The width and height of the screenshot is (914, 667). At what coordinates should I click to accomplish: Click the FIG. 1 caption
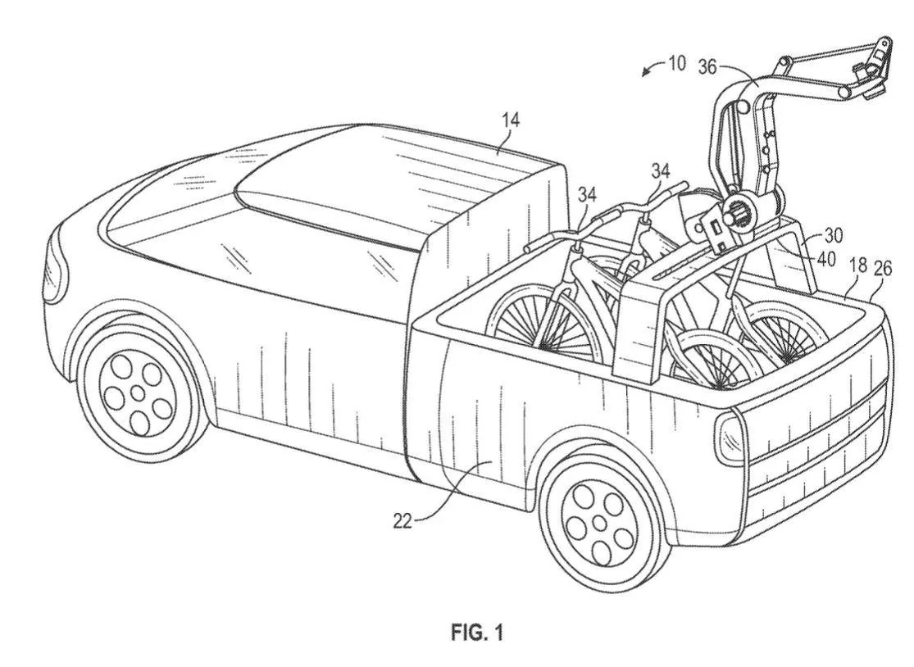476,632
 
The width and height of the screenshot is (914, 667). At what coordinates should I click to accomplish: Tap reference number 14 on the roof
511,120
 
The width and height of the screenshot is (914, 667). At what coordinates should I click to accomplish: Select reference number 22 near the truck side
402,520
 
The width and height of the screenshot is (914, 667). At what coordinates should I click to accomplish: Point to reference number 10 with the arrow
676,63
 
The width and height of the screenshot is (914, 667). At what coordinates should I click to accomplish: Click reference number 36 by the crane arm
707,66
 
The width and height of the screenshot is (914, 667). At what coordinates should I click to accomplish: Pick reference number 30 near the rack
834,235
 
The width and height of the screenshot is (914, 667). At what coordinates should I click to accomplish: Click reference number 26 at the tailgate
884,268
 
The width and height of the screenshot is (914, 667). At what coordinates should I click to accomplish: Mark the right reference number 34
661,170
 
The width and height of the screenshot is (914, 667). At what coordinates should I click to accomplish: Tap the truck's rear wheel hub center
601,522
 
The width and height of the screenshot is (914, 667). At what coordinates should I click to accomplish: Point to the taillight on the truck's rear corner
728,439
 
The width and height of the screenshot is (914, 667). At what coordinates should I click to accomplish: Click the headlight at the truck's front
53,270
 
